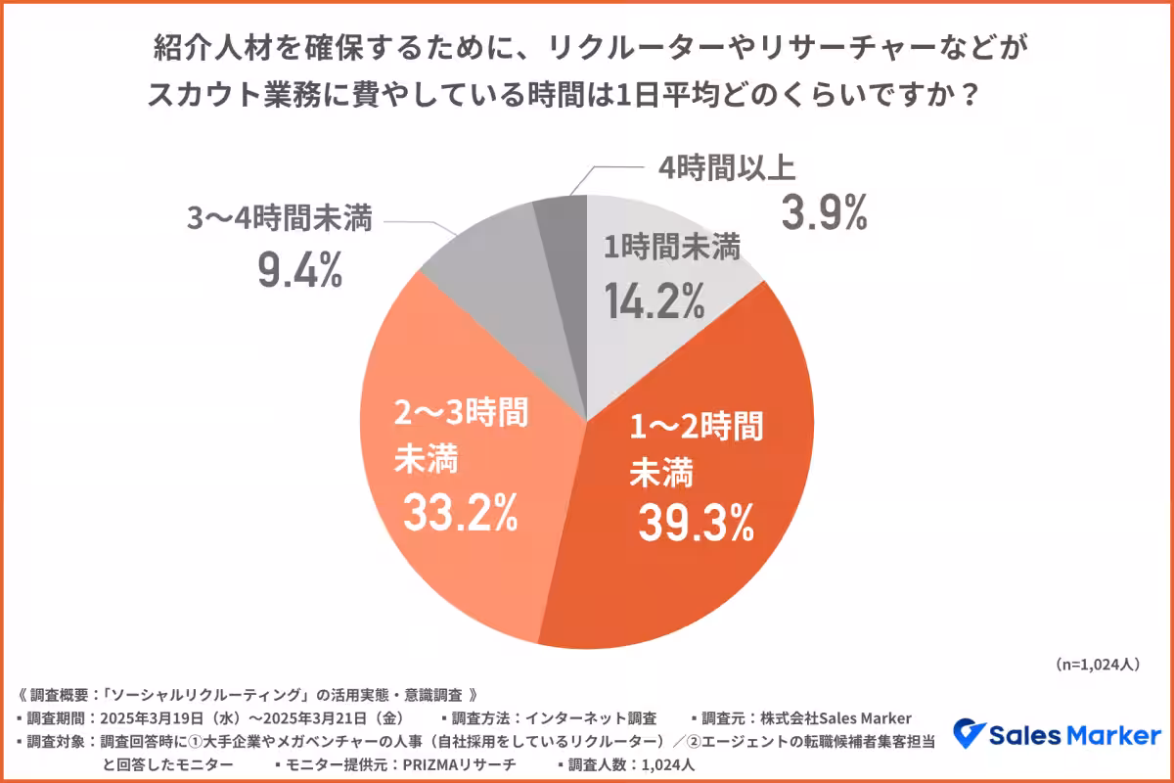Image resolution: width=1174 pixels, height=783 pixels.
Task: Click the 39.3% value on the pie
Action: click(x=696, y=525)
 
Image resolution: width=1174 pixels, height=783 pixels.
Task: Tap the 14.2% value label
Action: click(x=653, y=300)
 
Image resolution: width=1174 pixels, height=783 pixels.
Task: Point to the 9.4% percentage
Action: click(x=299, y=270)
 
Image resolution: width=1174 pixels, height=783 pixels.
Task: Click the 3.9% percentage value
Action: click(x=823, y=211)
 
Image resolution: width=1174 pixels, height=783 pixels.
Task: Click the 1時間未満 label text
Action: click(x=670, y=250)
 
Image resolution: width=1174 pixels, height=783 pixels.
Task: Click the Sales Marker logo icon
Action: click(x=970, y=734)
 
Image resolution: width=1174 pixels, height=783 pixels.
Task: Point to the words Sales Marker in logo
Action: click(x=1076, y=734)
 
